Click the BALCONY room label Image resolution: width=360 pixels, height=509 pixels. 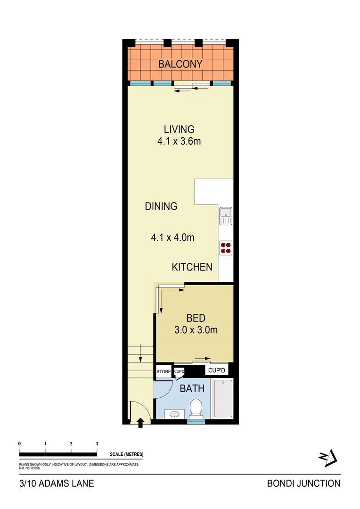[x=180, y=64]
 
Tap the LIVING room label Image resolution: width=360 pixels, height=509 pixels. [x=179, y=129]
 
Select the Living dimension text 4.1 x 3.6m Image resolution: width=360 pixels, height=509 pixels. [x=179, y=141]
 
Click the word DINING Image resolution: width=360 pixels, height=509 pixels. [x=161, y=206]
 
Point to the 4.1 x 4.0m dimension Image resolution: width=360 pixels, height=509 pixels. [x=172, y=238]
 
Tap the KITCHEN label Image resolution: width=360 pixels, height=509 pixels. [x=192, y=267]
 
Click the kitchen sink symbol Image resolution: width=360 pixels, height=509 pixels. [x=226, y=216]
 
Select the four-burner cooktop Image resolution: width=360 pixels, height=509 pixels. [x=226, y=248]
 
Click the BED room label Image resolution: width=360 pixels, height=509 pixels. [x=196, y=318]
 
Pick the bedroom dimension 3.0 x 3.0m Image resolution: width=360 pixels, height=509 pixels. [x=196, y=330]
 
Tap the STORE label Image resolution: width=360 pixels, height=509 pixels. [x=164, y=372]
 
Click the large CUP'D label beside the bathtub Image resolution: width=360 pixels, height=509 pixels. [x=218, y=371]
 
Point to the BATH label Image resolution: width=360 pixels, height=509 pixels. [x=192, y=389]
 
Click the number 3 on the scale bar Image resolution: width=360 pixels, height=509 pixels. [x=97, y=444]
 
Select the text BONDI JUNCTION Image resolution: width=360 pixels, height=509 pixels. [x=303, y=483]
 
